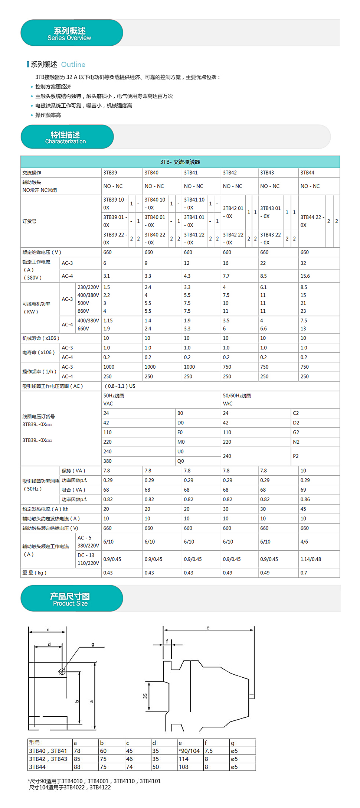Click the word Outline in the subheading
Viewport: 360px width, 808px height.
click(73, 65)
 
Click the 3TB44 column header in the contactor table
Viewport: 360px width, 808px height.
click(307, 173)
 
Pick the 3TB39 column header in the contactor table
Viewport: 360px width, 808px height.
click(110, 173)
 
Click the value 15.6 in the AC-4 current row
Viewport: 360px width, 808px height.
click(305, 276)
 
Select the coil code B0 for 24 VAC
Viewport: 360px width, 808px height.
click(180, 413)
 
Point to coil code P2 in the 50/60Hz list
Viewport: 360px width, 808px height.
click(295, 456)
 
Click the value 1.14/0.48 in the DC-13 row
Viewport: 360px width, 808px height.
click(311, 559)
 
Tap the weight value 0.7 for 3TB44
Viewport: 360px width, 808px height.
click(304, 573)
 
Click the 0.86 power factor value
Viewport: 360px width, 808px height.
click(305, 499)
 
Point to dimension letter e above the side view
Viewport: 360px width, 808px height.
click(208, 628)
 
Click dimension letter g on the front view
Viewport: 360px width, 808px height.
click(93, 644)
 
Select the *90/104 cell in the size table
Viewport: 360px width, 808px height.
click(189, 751)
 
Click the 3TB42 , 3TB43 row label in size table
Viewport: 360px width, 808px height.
click(48, 759)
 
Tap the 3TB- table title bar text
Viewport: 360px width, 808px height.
click(180, 162)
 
